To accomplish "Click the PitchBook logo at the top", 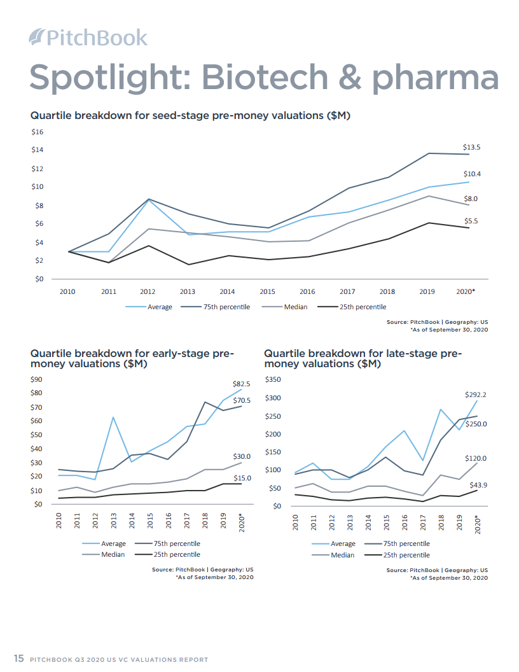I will click(88, 38).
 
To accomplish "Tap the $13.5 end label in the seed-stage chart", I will click(471, 147).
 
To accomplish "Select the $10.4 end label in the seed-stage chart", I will click(471, 174).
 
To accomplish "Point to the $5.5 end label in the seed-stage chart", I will click(471, 221).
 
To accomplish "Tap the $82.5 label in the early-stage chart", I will click(242, 384).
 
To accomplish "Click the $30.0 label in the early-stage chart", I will click(242, 456).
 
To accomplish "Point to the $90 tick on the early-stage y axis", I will click(37, 380).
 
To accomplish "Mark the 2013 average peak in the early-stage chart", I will click(113, 417).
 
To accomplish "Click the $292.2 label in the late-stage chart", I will click(476, 395).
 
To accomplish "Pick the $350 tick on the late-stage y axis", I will click(272, 380).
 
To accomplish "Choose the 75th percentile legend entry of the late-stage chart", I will click(406, 543).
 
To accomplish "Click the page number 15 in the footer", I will click(19, 659).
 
